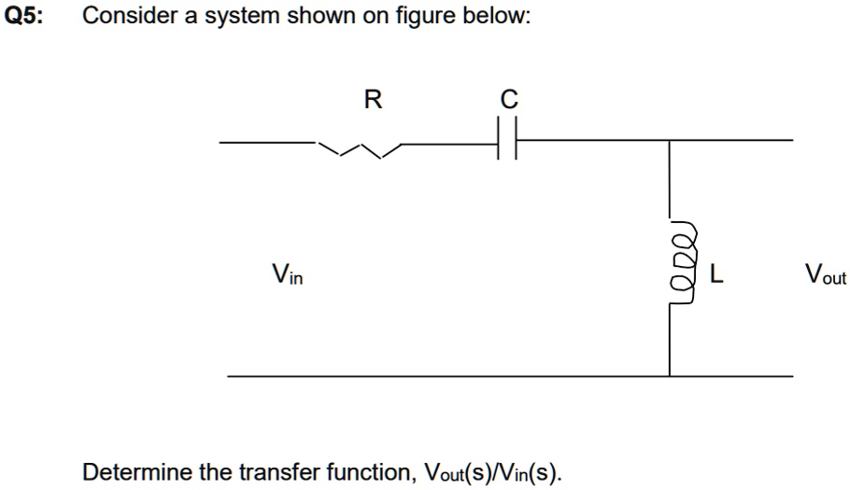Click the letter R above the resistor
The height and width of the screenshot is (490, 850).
click(372, 100)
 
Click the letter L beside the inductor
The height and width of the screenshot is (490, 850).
click(716, 274)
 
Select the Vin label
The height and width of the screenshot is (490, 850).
click(287, 274)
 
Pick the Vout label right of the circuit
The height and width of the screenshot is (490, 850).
click(825, 274)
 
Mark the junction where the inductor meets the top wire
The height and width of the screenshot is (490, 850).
click(670, 142)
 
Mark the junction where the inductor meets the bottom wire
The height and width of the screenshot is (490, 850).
click(670, 376)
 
